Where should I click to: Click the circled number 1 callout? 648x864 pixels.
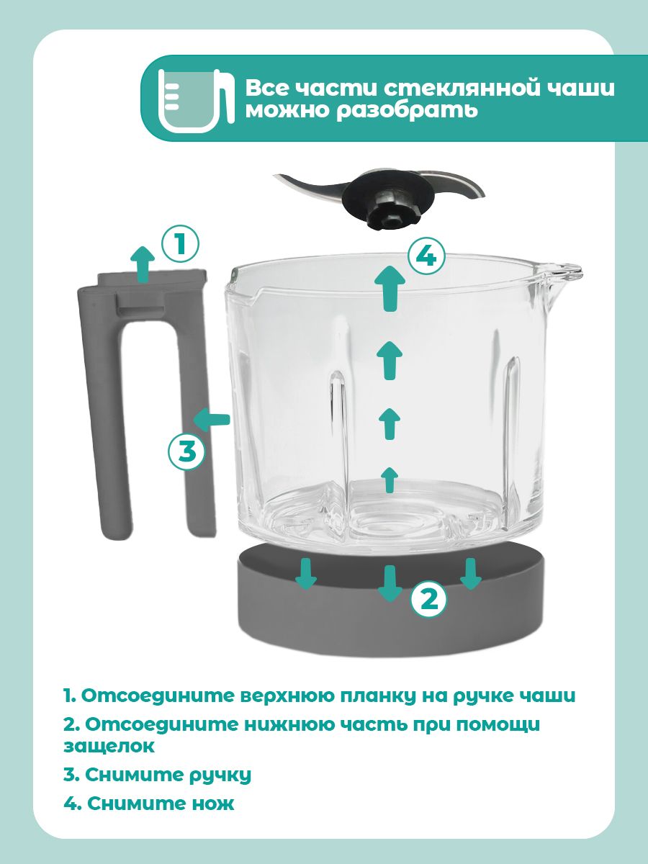coord(180,244)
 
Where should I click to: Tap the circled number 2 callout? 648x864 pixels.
coord(429,600)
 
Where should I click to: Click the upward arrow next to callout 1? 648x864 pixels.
coord(143,264)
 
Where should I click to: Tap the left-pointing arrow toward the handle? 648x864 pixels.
coord(211,420)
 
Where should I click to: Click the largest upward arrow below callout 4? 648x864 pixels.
coord(390,288)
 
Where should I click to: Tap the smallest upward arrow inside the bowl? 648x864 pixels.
coord(390,480)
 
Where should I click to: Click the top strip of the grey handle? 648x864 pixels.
coord(152,277)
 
